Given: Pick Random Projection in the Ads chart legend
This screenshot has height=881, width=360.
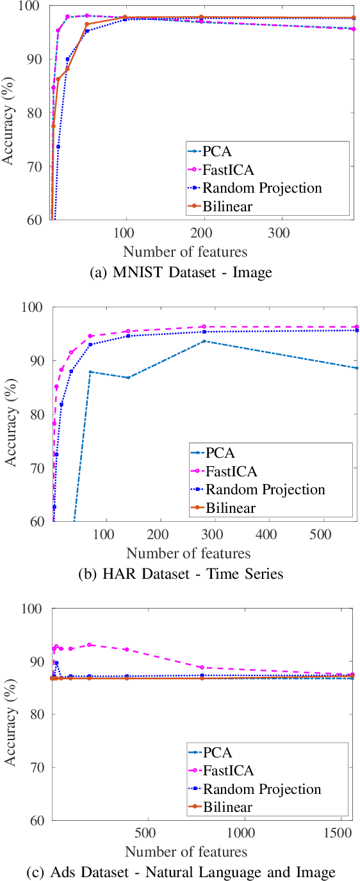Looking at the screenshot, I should point(261,789).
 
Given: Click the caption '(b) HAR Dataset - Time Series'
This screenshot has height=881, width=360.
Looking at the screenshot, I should point(180,574).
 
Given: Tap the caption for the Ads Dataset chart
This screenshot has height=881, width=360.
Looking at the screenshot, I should point(180,872).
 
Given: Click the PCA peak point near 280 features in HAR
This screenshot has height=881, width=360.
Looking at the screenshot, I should point(204,341).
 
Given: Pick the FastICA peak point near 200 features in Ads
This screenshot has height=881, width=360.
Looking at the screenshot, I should point(90,645).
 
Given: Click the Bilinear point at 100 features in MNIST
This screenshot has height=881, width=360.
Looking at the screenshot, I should point(125,17).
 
